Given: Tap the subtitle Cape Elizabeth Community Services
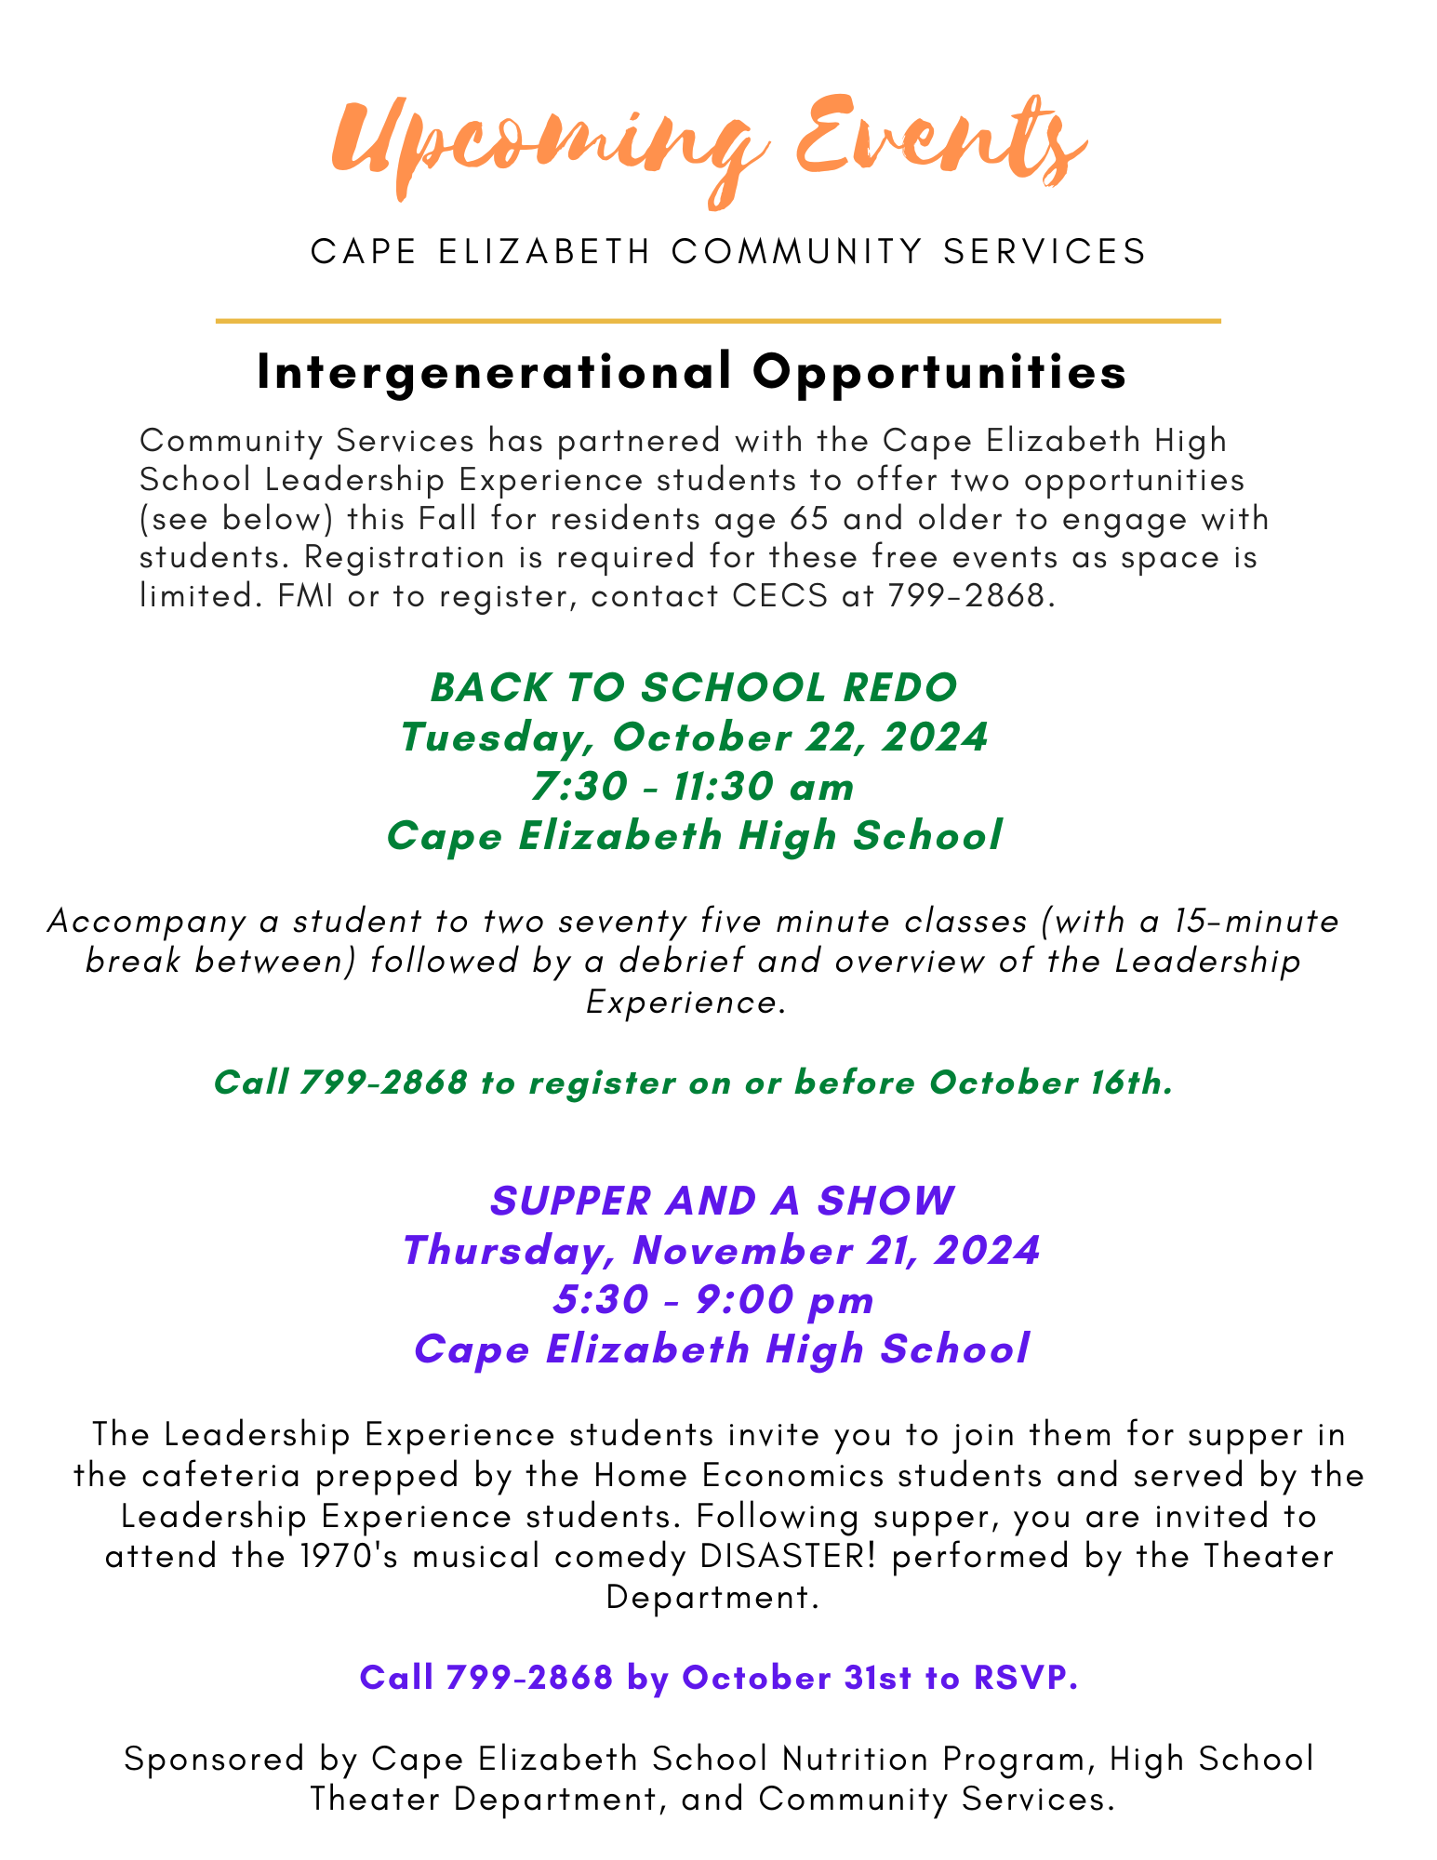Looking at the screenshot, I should [728, 251].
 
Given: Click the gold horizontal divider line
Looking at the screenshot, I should [717, 321].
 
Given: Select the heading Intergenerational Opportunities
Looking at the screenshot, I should [692, 372].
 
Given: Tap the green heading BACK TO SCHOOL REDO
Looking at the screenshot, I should [694, 687].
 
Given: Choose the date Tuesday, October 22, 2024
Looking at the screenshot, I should [694, 737].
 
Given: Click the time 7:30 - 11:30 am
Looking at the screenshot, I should [694, 787].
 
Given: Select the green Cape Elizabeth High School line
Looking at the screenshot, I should [694, 835].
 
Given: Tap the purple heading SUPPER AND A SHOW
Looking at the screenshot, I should [722, 1201].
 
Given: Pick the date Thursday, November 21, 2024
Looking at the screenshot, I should [722, 1250].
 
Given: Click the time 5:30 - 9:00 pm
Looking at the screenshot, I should [714, 1299].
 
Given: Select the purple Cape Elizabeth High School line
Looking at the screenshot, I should [722, 1348].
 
